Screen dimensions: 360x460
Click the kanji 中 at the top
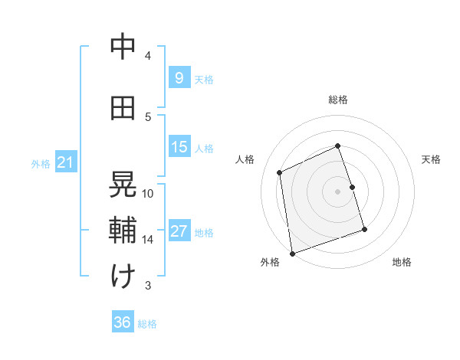coord(123,47)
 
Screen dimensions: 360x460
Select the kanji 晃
coord(123,184)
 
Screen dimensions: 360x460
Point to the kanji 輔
coord(123,231)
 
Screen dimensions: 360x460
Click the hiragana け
coord(123,277)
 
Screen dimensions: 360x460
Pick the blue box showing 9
coord(179,77)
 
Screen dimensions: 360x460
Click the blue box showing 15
coord(179,147)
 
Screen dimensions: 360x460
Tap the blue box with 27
coord(179,231)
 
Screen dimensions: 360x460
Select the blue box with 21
coord(65,162)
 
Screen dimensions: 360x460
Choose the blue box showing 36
coord(122,322)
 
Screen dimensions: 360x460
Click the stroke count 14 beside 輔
coord(148,240)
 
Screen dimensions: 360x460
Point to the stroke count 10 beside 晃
coord(148,193)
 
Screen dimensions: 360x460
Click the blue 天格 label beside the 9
coord(204,79)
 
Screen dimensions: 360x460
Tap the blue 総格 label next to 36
coord(147,324)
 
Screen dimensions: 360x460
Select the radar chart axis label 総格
coord(338,100)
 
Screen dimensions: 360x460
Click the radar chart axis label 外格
coord(270,262)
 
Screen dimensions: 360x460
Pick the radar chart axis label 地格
coord(402,262)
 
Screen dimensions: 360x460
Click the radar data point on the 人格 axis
coord(280,172)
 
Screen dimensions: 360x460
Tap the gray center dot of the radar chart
coord(338,191)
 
